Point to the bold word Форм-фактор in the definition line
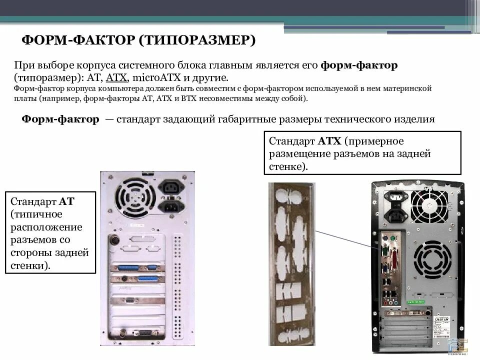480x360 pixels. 60,119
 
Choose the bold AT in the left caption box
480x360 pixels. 66,201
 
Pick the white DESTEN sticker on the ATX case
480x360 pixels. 441,318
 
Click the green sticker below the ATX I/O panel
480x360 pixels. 415,302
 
